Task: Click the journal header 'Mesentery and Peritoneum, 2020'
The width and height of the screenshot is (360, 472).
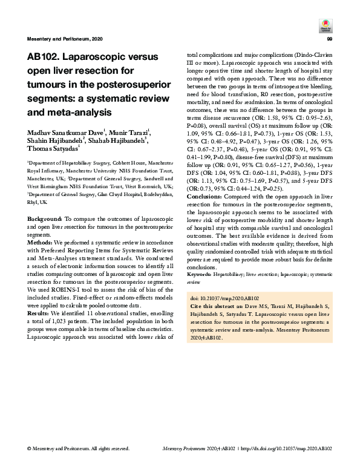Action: coord(65,39)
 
